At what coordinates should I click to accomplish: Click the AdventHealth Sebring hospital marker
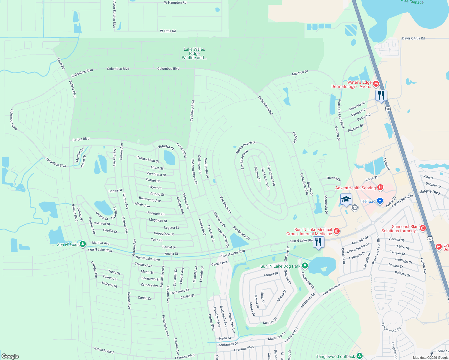[380, 188]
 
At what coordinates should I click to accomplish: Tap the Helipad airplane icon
[380, 201]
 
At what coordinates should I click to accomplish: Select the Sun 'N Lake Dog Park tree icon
[305, 266]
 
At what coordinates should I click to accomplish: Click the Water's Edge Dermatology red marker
[376, 84]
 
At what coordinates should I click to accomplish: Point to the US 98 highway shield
[388, 109]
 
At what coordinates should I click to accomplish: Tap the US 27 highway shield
[430, 238]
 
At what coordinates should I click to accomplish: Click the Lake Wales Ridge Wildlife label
[194, 53]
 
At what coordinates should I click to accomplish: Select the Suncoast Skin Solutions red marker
[423, 228]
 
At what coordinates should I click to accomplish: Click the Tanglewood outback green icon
[360, 356]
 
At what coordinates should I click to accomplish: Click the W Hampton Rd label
[175, 3]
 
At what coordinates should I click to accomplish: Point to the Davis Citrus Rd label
[413, 38]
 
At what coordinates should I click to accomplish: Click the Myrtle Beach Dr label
[246, 147]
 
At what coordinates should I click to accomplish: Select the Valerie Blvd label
[430, 192]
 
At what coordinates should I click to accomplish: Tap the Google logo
[10, 356]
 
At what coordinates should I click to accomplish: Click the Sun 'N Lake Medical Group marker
[337, 231]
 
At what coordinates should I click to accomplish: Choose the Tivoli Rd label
[61, 63]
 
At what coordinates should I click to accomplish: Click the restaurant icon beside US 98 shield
[381, 95]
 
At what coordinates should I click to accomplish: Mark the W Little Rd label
[168, 31]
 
